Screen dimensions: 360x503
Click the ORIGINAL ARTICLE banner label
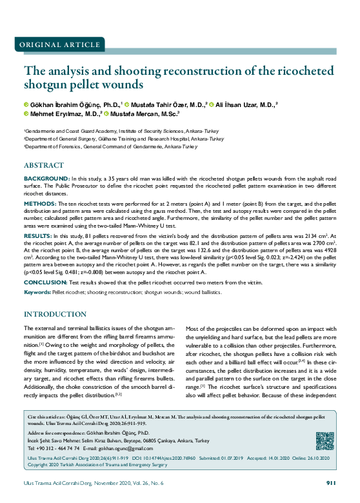[x=55, y=44]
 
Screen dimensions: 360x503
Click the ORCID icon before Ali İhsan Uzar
[x=212, y=104]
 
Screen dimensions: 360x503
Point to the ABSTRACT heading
[x=45, y=165]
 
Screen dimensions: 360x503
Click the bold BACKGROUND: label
[x=46, y=177]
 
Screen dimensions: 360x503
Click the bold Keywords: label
[x=37, y=293]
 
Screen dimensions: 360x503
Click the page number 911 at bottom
[x=331, y=482]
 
